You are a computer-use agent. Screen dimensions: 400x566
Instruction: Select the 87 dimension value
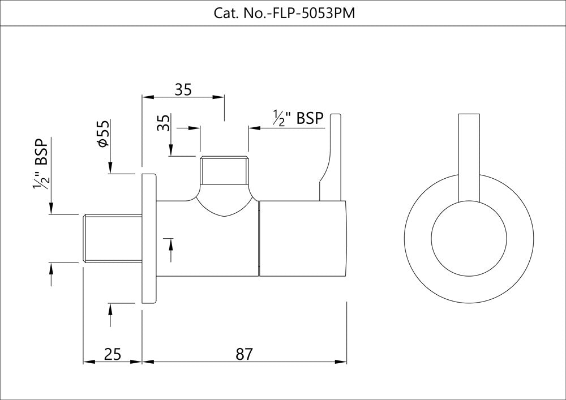tap(244, 354)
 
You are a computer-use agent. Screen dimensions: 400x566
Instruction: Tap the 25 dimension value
tap(113, 354)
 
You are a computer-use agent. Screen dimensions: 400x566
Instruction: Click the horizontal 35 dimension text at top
tap(183, 89)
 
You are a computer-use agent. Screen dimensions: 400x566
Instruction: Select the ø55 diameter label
tap(103, 135)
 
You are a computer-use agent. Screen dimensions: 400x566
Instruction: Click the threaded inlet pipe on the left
tap(112, 238)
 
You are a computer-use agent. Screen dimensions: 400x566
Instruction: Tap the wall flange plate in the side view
tap(148, 238)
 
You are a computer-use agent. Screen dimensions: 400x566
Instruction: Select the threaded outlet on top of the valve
tap(224, 170)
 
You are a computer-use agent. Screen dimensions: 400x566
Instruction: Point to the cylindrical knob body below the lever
tap(302, 238)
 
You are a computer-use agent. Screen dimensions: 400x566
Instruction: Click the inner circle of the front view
tap(469, 238)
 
